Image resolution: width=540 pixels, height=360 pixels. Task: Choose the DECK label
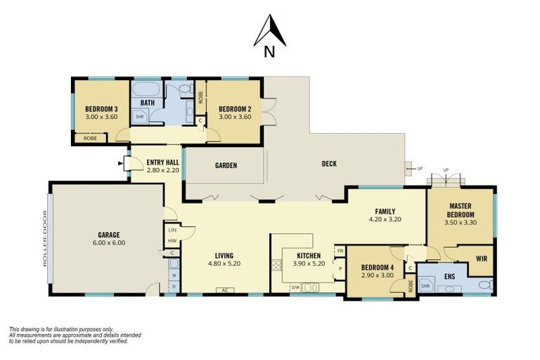pos(328,164)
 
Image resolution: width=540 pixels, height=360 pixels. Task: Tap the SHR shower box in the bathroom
pos(140,117)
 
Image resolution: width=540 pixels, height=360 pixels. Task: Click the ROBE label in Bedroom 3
pos(90,138)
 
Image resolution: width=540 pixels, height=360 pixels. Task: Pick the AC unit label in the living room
pos(226,290)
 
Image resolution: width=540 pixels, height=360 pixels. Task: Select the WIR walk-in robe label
pos(481,259)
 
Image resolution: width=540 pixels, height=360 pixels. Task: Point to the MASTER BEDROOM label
pos(461,210)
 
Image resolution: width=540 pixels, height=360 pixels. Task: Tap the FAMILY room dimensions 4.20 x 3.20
pos(385,219)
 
